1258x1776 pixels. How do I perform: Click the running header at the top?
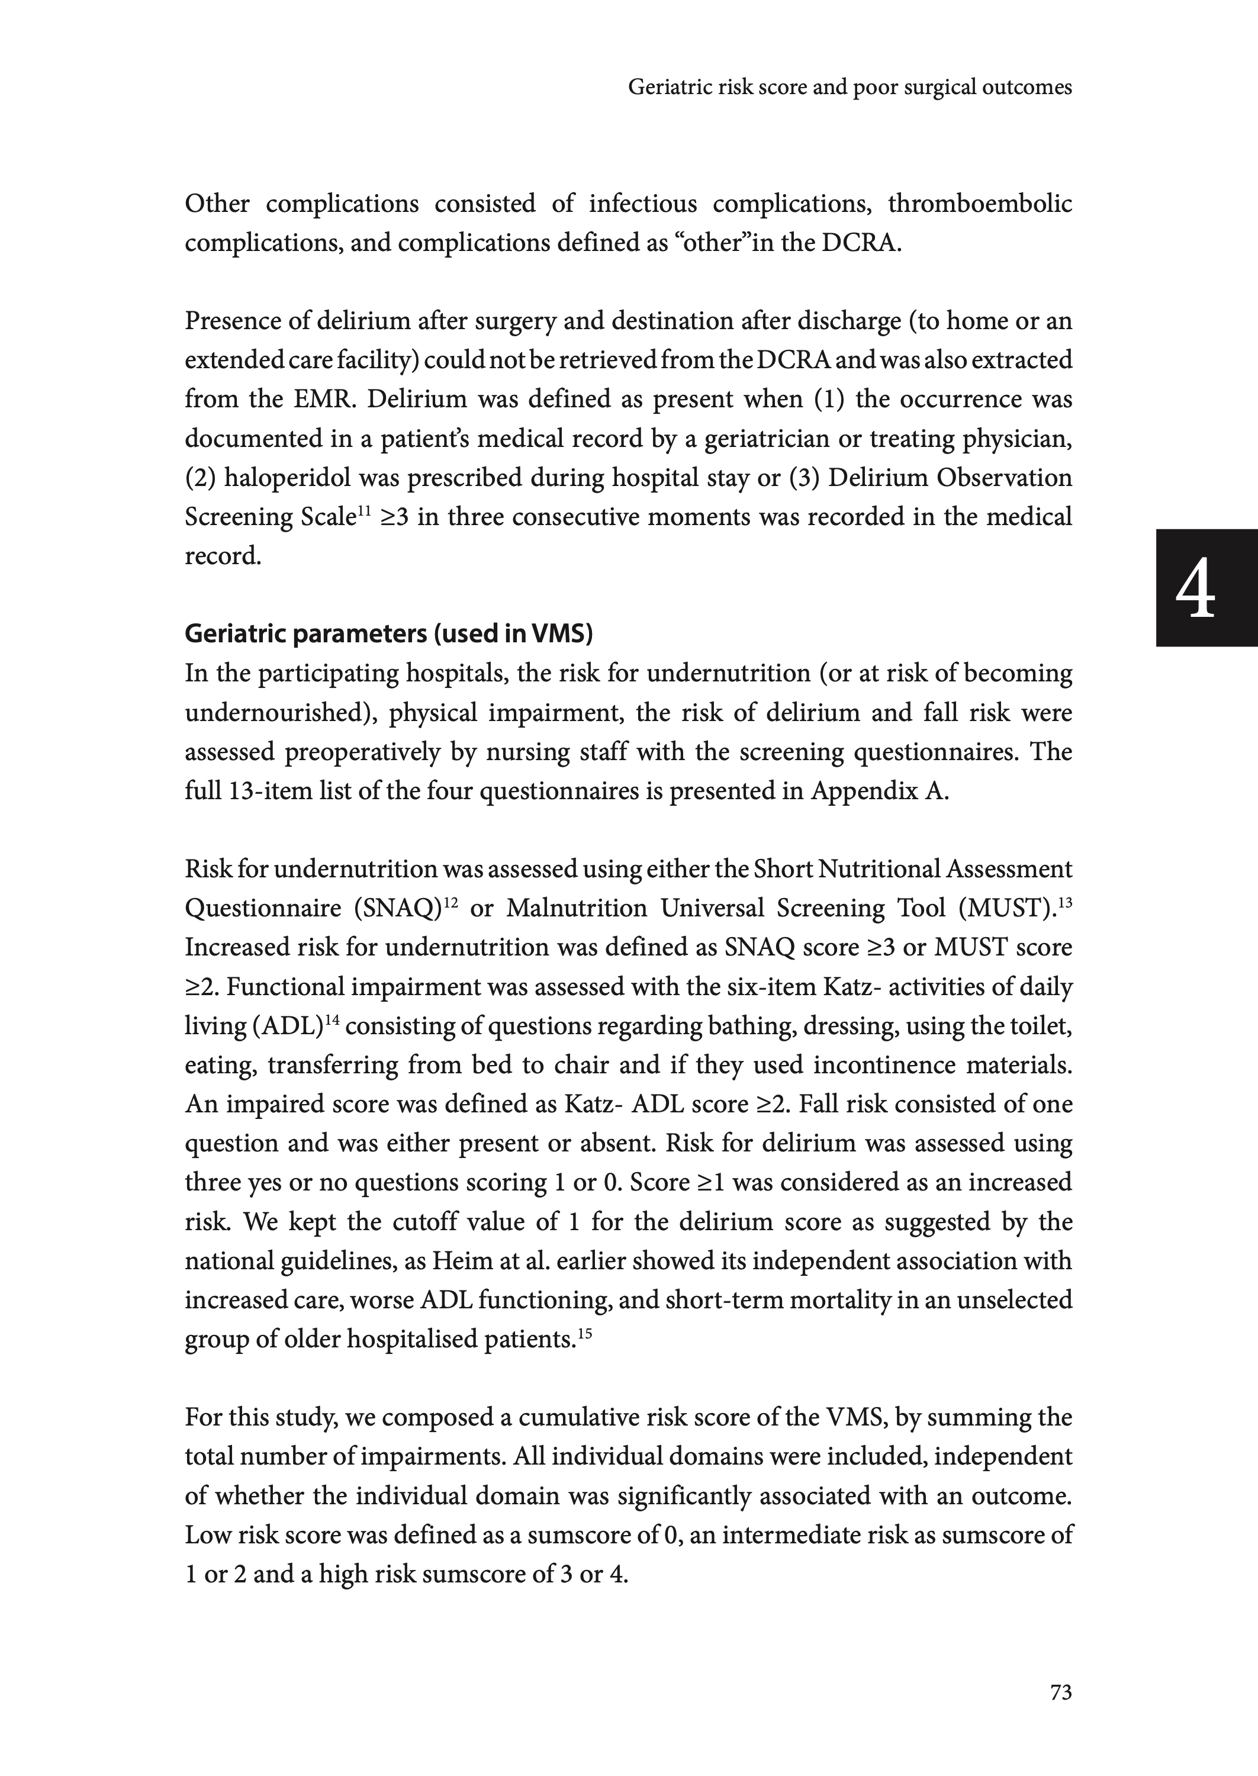tap(850, 88)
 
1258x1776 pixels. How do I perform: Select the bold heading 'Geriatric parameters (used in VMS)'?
tap(388, 633)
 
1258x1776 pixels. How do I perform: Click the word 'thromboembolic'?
tap(980, 204)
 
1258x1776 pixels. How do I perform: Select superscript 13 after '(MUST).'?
tap(1064, 901)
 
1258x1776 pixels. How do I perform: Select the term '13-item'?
tap(271, 792)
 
